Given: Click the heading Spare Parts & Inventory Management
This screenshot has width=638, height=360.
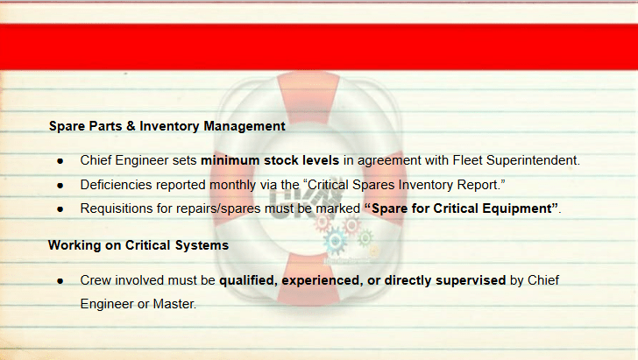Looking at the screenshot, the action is tap(167, 126).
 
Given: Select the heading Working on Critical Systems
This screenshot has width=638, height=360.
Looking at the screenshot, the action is tap(138, 245).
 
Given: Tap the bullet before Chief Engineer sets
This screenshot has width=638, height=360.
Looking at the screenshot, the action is tap(60, 161).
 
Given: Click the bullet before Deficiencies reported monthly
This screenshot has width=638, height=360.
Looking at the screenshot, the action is tap(60, 186).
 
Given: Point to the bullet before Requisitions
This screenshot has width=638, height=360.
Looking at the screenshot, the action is tap(60, 209).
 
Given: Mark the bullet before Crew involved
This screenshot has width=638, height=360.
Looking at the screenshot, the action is tap(60, 281).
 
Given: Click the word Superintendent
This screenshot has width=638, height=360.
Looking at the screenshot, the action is tap(533, 160).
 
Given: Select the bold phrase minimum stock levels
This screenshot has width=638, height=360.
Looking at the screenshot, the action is tap(270, 160).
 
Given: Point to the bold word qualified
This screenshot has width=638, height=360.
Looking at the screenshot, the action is tap(248, 280).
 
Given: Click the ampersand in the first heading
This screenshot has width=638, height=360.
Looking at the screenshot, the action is tap(131, 126).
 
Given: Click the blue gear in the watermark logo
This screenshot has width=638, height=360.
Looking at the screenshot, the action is tap(336, 240).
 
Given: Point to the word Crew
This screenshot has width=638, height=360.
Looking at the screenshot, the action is tap(96, 280).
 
